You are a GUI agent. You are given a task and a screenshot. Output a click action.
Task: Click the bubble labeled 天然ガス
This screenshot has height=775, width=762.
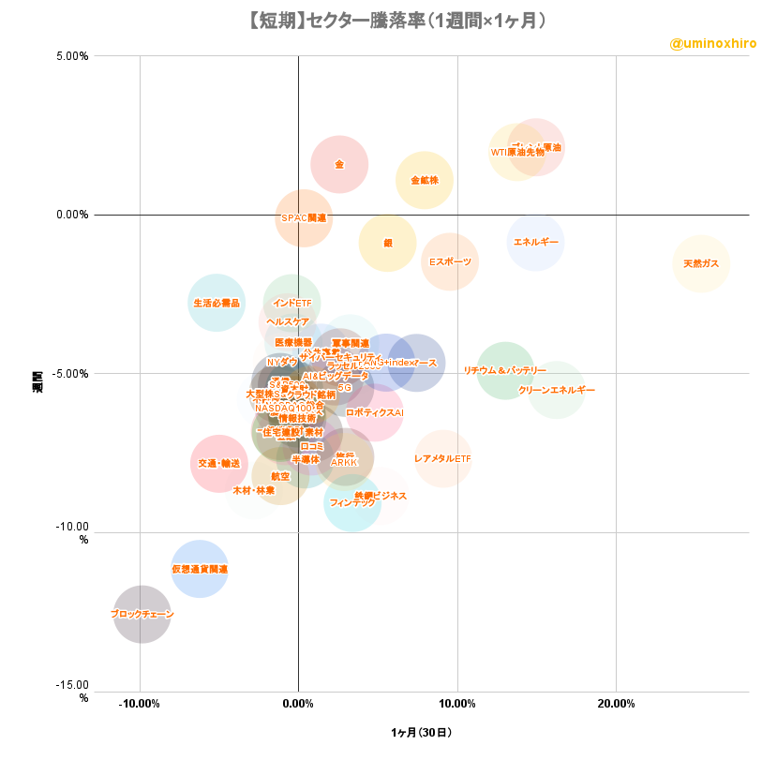701,263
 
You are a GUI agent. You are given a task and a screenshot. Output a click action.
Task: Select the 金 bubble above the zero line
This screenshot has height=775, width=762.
339,164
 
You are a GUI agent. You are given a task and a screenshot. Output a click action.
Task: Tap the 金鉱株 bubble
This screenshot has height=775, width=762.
424,180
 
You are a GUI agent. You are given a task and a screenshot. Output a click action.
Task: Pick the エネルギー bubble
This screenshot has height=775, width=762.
536,242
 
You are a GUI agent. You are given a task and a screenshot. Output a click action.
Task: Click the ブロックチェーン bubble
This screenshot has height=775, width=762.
142,614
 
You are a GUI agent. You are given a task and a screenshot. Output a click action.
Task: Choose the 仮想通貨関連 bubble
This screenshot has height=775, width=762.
200,569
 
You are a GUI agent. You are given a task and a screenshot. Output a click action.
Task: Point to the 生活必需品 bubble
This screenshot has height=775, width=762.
217,303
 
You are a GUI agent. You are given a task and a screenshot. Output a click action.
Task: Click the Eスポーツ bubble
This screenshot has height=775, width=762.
450,261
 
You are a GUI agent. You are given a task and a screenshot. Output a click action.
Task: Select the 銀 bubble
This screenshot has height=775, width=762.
387,243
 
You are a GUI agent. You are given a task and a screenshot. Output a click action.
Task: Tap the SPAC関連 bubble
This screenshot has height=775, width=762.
304,217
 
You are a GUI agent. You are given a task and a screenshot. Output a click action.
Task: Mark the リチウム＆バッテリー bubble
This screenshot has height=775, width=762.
505,370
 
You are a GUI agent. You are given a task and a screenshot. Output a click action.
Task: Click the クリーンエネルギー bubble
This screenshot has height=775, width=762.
556,390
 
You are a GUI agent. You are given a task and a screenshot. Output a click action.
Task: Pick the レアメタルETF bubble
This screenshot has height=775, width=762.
442,458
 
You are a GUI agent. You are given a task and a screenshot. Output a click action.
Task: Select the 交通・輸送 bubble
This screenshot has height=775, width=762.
218,463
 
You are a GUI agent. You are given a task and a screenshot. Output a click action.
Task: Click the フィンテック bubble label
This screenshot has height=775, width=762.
352,503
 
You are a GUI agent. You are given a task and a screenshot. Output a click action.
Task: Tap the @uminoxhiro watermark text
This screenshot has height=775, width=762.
712,44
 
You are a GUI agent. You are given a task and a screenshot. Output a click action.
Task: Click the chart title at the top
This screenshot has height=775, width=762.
381,20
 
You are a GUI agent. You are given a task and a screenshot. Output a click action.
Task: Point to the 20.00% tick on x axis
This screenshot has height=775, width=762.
616,703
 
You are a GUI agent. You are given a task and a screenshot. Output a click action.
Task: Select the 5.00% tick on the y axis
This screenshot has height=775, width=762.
71,55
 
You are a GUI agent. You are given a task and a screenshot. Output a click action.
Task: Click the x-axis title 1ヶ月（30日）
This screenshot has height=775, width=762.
421,733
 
